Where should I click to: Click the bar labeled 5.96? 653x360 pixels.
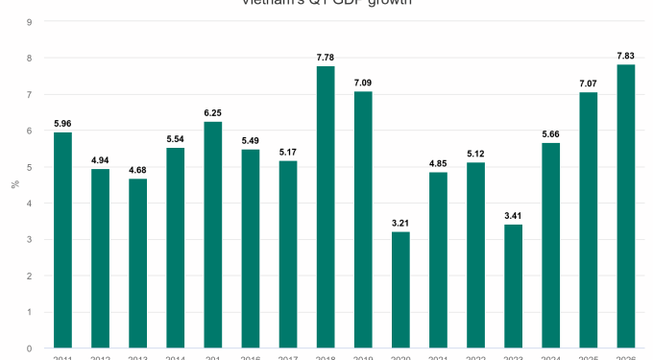point(62,240)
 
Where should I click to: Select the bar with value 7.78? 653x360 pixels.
point(326,206)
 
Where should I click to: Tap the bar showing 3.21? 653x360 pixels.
point(400,289)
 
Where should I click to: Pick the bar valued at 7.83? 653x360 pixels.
point(626,205)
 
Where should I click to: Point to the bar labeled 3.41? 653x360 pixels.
point(513,286)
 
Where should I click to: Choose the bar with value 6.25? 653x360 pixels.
point(212,234)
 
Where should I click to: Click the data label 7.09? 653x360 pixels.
point(363,83)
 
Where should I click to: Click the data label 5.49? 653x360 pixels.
point(250,140)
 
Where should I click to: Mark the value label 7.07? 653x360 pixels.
point(589,83)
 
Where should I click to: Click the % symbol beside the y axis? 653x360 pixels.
point(14,183)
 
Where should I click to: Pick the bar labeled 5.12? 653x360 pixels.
point(475,255)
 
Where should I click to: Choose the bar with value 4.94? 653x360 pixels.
point(100,258)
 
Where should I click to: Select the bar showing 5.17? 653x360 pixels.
point(288,254)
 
